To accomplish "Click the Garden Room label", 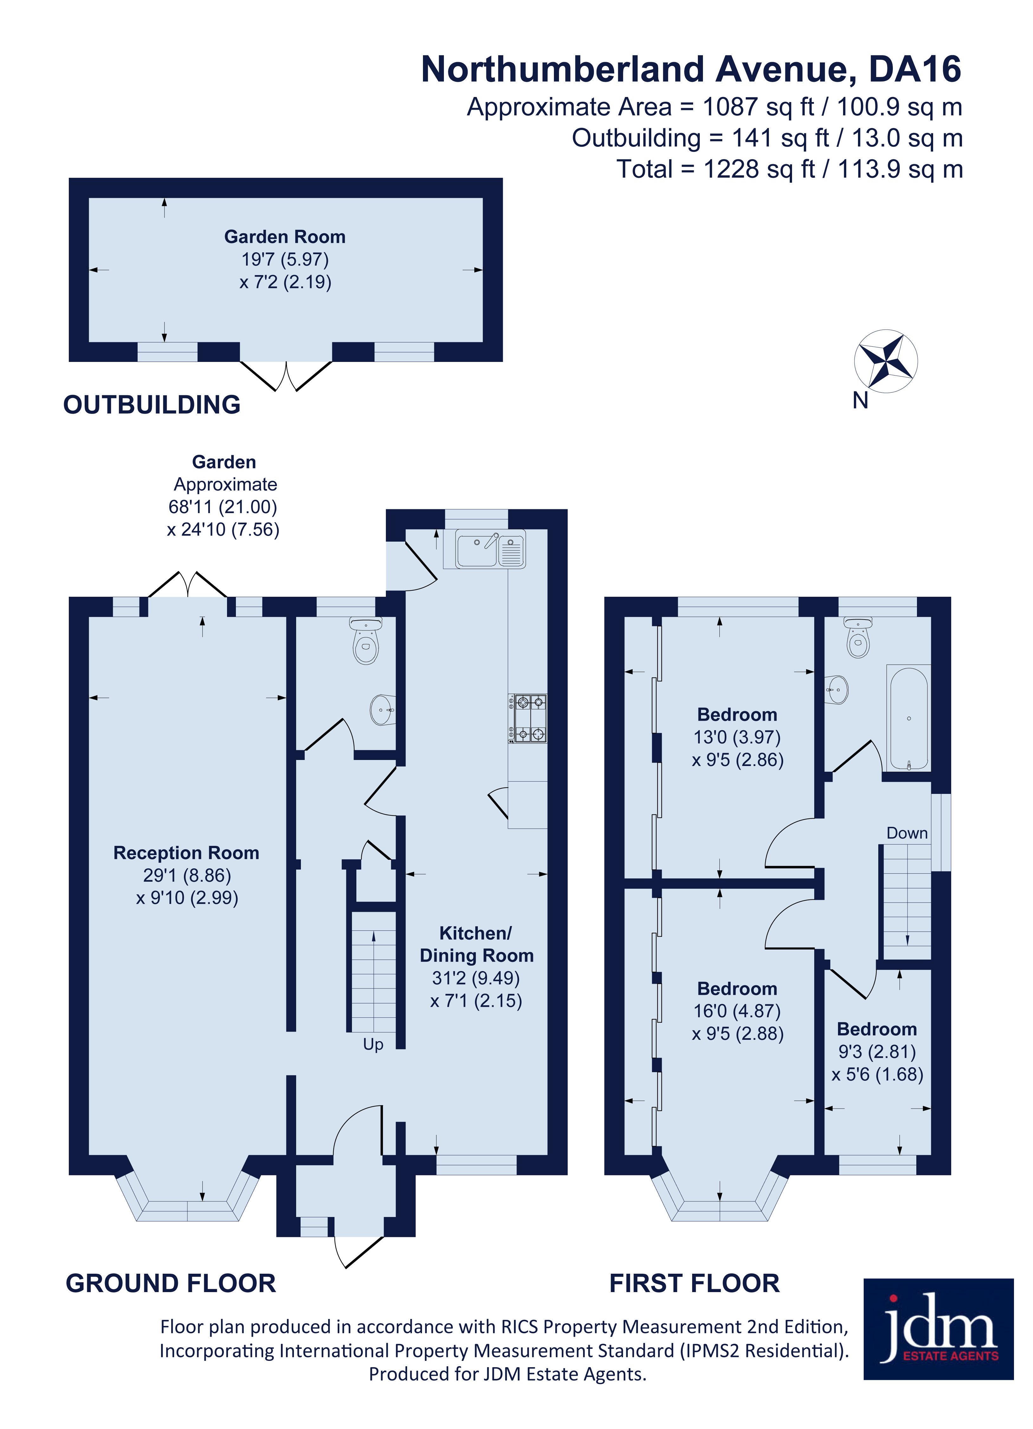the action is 285,237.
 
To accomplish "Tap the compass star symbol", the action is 886,361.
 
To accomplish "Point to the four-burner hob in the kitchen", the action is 528,718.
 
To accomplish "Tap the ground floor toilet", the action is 366,640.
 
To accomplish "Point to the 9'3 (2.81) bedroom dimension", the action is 877,1052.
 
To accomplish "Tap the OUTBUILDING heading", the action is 152,404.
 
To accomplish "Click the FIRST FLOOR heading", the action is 695,1284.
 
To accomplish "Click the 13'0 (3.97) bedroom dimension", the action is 737,737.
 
